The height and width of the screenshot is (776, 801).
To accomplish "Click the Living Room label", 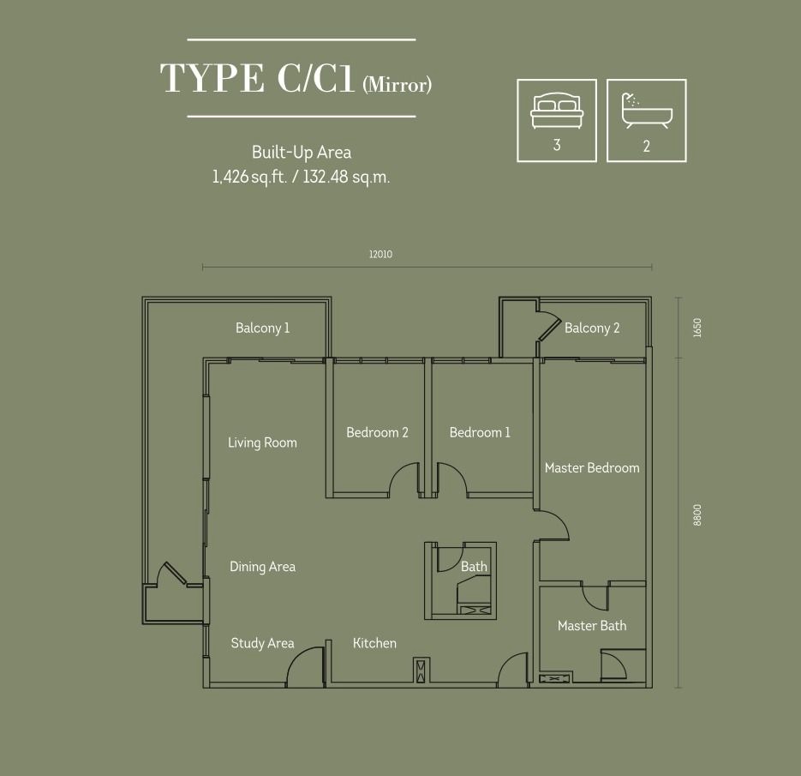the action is click(262, 442).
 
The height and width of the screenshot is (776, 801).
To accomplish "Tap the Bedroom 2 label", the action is click(377, 432).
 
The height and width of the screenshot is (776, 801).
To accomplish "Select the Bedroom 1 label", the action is click(480, 432).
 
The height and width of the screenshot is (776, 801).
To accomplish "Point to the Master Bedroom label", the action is click(592, 468).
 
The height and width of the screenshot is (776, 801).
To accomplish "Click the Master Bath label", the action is click(592, 626).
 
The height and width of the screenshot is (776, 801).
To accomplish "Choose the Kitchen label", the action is click(374, 643).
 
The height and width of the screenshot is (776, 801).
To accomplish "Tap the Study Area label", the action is click(262, 643).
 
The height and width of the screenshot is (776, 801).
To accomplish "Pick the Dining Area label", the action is click(262, 567).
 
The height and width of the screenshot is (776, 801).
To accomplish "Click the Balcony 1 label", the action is click(262, 328).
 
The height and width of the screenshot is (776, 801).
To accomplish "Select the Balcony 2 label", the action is click(592, 328).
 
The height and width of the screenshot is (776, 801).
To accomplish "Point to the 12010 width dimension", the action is click(380, 254).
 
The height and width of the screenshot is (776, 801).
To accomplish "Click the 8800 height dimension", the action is click(698, 515).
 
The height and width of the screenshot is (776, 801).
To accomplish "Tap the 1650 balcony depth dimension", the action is click(698, 328).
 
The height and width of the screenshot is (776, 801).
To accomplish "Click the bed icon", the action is click(557, 111).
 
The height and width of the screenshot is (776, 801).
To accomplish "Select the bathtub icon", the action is click(646, 111).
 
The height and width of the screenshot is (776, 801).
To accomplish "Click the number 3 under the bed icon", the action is click(557, 145).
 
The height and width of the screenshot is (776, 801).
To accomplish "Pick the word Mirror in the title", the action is click(397, 85).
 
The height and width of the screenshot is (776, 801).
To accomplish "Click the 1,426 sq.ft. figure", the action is click(250, 177).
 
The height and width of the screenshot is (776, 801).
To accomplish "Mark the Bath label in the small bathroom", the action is click(474, 567).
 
